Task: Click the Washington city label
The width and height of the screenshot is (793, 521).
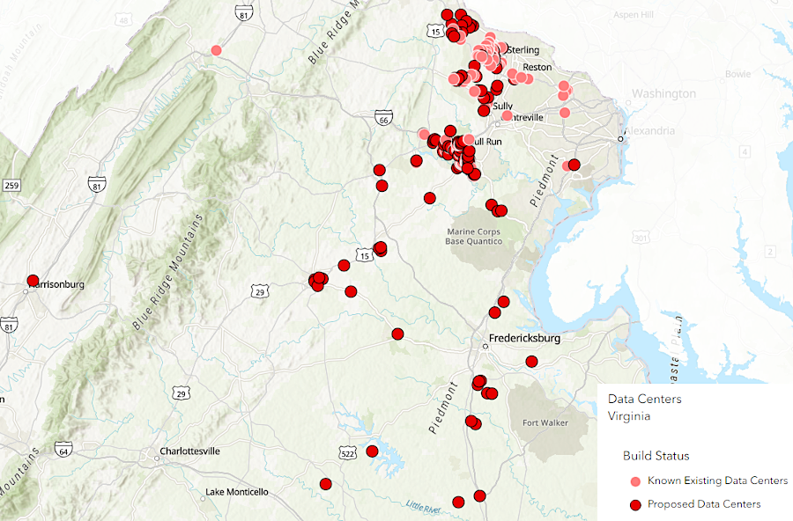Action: click(663, 93)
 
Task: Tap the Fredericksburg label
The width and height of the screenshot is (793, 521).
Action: click(525, 338)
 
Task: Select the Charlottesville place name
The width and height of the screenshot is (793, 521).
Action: click(190, 451)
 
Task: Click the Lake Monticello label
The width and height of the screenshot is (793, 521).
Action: click(237, 492)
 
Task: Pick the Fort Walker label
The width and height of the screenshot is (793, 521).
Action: click(545, 422)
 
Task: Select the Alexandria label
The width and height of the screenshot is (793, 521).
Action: click(650, 131)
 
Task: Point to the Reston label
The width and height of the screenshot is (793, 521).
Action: click(537, 67)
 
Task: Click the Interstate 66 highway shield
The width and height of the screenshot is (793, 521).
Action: click(382, 117)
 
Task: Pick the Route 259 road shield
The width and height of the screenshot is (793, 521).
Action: click(11, 185)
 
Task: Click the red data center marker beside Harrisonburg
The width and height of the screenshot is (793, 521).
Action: click(33, 281)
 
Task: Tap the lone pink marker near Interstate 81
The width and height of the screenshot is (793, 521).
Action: click(217, 50)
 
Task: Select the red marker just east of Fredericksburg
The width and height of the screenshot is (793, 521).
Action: click(531, 361)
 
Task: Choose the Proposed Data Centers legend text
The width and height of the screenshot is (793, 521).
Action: click(704, 504)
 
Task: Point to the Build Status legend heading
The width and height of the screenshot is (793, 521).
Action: click(656, 456)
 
